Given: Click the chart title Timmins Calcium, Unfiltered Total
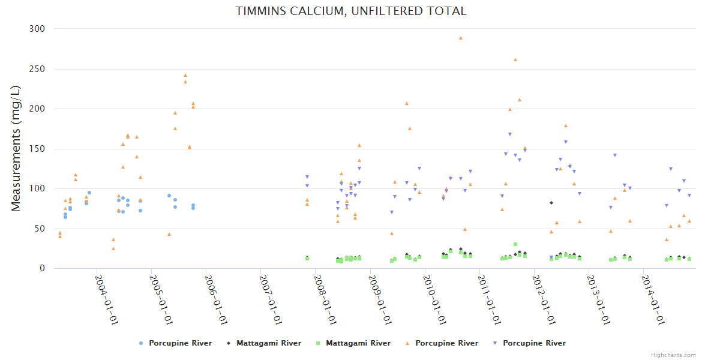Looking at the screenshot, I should point(351,11).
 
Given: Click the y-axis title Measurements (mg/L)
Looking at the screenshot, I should point(17,148).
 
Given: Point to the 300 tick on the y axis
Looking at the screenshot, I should point(37,29).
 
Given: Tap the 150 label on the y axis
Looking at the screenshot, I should point(37,149).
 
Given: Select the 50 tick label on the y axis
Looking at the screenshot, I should point(40,229).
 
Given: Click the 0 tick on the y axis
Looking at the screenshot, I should point(42,269).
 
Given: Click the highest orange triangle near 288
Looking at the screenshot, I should point(461,38).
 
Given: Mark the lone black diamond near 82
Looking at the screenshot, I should point(551,203).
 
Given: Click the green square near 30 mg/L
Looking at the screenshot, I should point(515,244).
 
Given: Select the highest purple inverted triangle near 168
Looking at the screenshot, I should point(510,134).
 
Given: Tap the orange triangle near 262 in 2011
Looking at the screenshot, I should point(515,59).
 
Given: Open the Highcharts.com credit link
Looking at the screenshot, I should point(673,355).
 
